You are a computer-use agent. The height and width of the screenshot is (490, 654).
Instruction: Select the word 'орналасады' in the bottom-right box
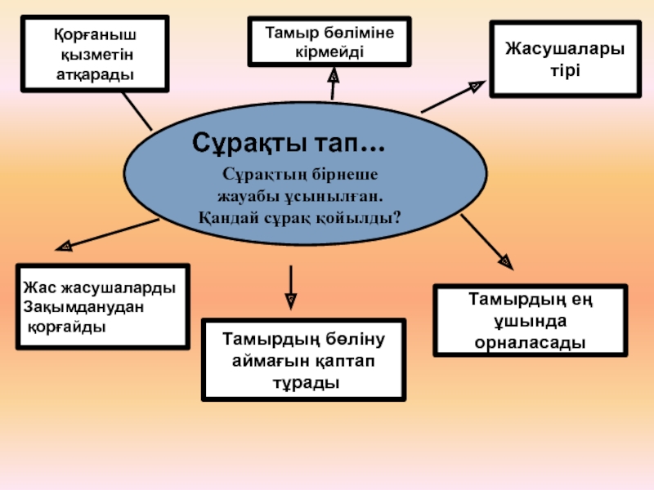tap(531, 342)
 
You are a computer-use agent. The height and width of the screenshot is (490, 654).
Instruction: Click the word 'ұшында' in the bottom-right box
tap(531, 321)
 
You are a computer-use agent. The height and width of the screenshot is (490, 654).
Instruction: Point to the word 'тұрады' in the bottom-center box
tap(305, 381)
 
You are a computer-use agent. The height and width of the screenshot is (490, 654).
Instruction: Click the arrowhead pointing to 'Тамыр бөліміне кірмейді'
tap(334, 73)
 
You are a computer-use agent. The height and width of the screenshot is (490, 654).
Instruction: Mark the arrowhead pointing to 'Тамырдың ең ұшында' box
tap(505, 261)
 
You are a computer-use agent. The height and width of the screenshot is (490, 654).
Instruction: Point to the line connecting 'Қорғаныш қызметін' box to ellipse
tap(137, 109)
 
